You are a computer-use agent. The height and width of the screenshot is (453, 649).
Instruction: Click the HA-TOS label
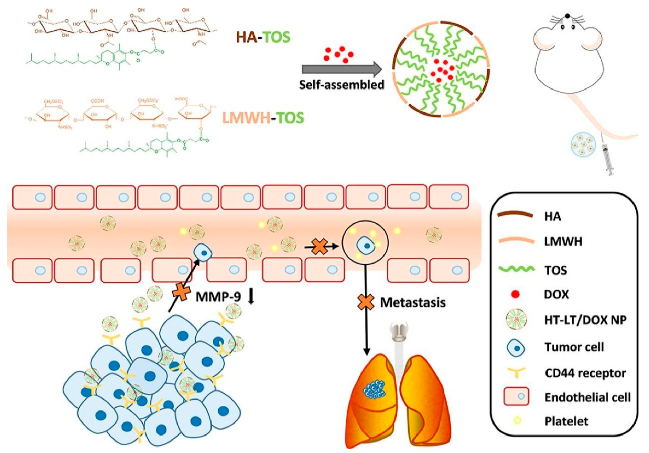263,37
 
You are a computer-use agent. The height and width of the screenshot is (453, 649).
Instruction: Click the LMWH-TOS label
263,118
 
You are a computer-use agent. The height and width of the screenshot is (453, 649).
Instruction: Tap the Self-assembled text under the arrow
342,84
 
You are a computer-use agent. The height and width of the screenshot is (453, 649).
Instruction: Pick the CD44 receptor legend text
585,373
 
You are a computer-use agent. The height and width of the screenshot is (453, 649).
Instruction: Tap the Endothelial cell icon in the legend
516,396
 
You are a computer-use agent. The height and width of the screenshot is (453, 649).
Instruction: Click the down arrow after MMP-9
251,297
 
